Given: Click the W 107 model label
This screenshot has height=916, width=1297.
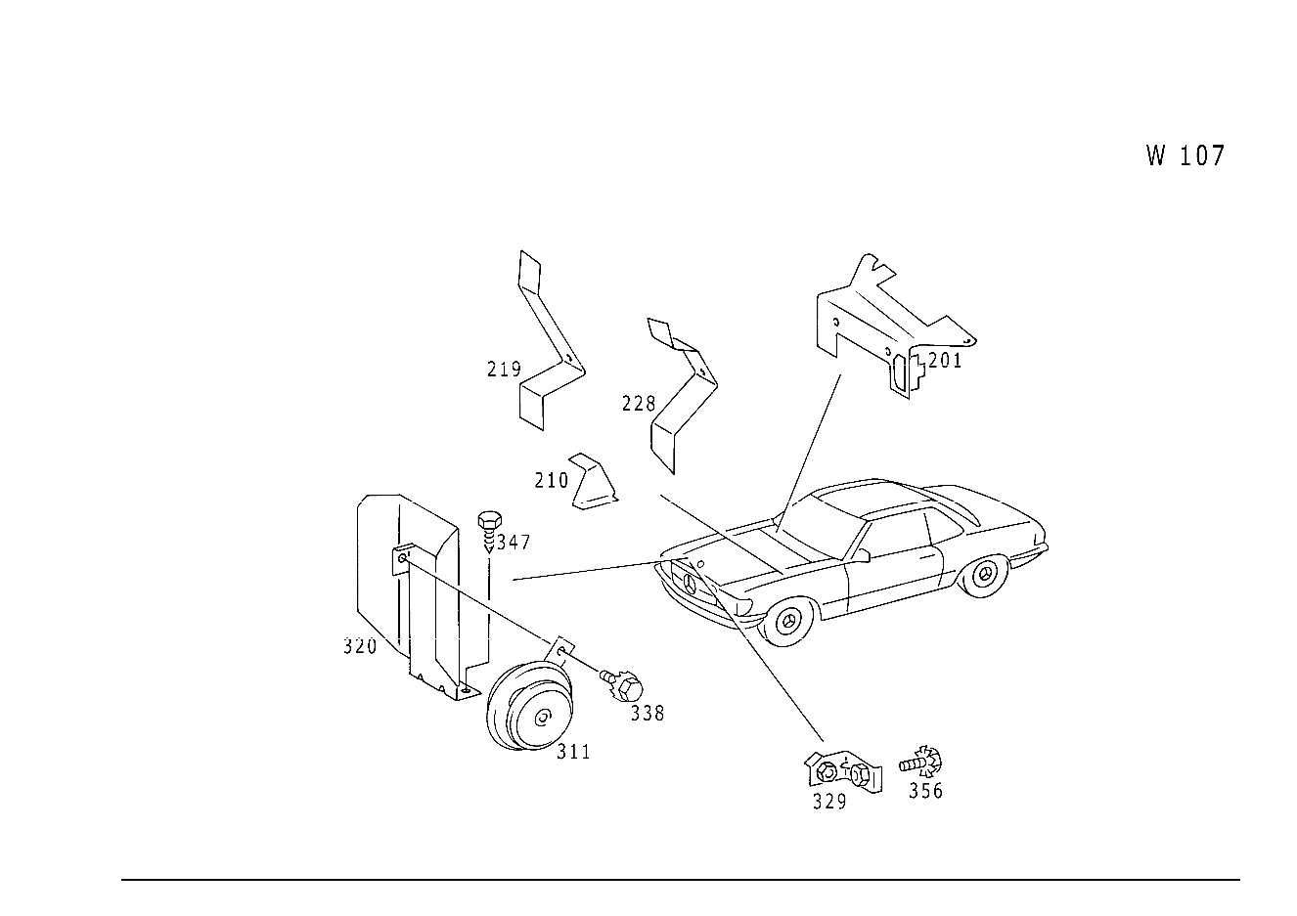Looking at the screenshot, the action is (1185, 155).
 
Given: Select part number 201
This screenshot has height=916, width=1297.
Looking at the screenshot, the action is (944, 361).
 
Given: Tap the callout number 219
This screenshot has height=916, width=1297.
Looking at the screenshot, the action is (504, 369).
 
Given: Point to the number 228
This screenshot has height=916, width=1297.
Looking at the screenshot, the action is (639, 404).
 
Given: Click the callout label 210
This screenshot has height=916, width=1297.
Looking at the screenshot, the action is (552, 480).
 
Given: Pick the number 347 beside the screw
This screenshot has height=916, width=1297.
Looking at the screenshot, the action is (513, 543).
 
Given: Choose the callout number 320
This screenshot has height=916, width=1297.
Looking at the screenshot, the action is (360, 646).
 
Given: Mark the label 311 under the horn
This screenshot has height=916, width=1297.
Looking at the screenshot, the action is (573, 752).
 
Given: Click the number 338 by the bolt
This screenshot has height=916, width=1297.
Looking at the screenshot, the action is (648, 714).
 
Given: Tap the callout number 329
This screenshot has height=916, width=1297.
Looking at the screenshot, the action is (829, 802).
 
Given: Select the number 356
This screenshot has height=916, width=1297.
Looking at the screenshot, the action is (925, 791).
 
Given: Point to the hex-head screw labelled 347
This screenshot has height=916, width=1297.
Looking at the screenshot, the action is (489, 531).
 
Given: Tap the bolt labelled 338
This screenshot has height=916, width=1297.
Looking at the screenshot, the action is (622, 686).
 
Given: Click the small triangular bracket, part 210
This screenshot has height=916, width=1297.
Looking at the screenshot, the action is (594, 482).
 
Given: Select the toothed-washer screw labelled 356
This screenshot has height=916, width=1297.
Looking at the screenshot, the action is (920, 763).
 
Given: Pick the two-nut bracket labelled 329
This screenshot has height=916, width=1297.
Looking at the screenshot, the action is (843, 772).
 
